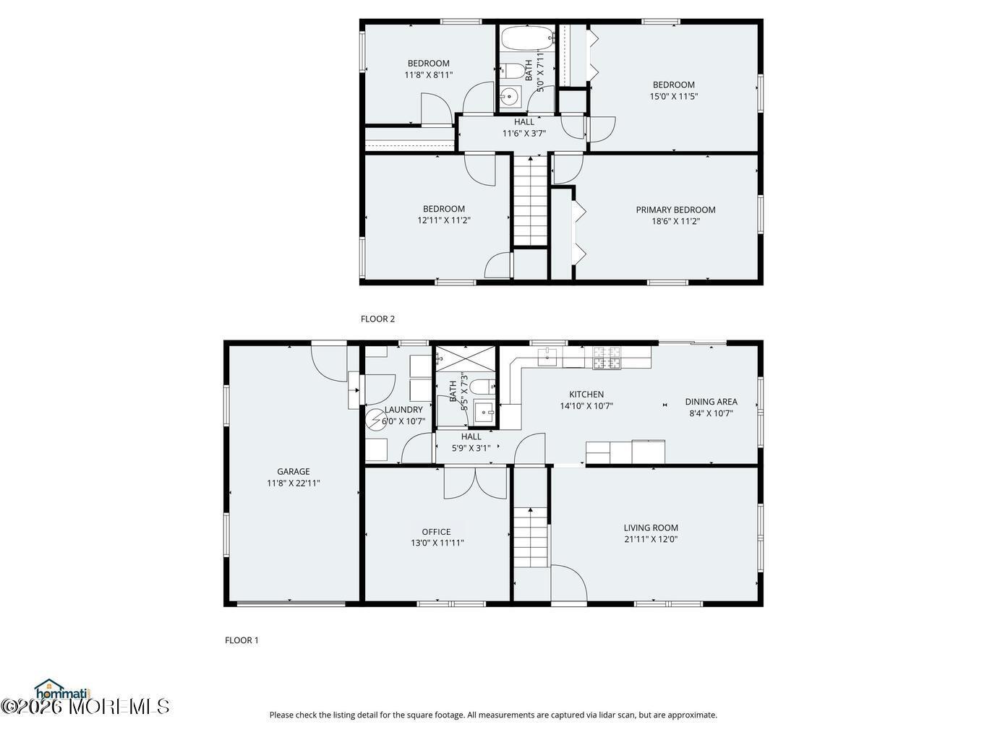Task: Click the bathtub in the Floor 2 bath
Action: coord(527,38)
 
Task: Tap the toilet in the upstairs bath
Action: coord(513,71)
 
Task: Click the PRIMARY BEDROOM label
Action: coord(675,210)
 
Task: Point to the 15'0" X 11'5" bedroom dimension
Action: coord(674,96)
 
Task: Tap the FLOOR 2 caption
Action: coord(377,319)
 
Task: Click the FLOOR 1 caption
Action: coord(242,640)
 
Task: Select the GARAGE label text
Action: coord(293,471)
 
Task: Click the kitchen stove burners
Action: coord(607,358)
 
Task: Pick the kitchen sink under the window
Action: coord(547,357)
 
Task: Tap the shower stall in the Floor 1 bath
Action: coord(466,359)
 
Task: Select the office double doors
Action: coord(475,483)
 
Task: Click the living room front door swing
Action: coord(569,582)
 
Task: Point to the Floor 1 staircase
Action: coord(531,538)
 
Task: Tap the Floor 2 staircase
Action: coord(531,201)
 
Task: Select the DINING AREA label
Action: coord(711,402)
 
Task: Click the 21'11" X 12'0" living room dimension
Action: coord(651,539)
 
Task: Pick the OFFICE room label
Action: coord(436,532)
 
